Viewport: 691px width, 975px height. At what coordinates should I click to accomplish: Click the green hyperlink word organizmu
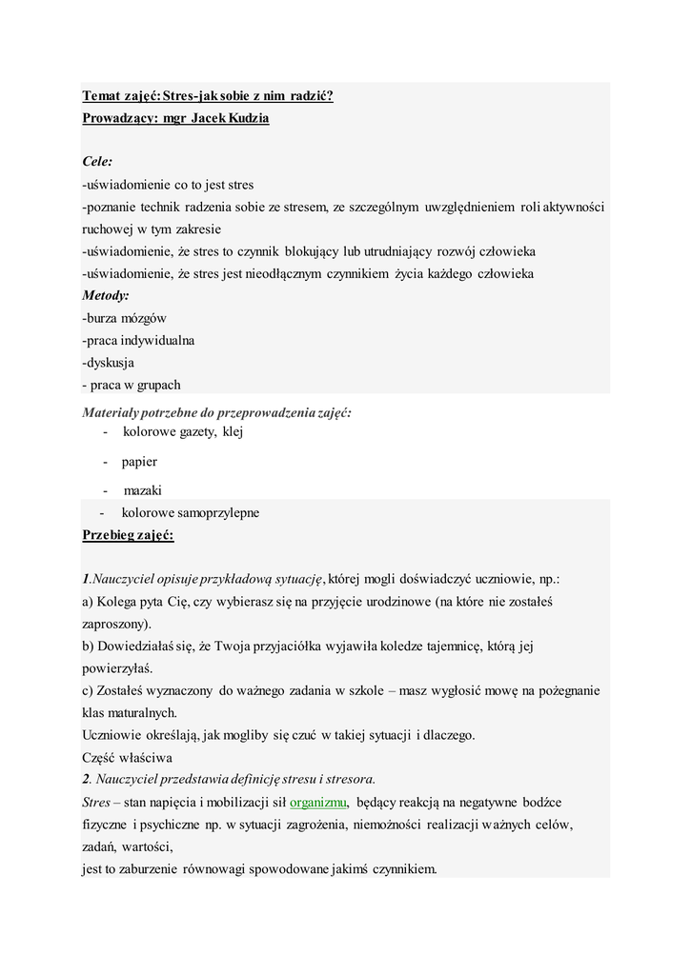318,802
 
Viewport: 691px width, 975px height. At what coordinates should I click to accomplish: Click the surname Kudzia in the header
247,118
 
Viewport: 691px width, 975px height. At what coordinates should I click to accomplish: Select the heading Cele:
97,162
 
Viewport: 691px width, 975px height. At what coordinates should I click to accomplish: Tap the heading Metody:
106,296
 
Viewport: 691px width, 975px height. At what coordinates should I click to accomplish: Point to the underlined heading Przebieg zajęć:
128,535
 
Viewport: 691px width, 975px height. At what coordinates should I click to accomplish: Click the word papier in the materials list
139,462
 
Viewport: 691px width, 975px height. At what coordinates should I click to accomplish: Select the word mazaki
143,490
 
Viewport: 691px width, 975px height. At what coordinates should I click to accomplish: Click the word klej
234,432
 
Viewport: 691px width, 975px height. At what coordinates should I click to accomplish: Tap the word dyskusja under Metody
111,363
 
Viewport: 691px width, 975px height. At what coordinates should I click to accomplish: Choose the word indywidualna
156,340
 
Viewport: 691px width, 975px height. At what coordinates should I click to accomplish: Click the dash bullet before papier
108,462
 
